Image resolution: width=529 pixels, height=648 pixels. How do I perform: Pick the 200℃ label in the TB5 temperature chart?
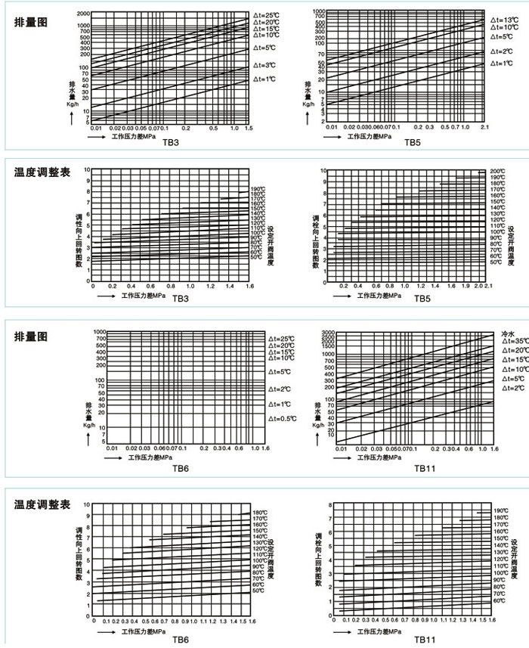(497, 172)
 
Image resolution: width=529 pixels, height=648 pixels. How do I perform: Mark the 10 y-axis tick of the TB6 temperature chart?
(87, 504)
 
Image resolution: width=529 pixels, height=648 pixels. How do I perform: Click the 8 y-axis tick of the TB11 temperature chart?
(330, 504)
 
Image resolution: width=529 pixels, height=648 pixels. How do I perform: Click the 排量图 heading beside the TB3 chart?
(31, 22)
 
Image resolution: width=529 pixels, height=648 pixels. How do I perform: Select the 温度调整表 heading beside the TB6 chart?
(42, 504)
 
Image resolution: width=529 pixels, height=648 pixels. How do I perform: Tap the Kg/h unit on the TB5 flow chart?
(308, 104)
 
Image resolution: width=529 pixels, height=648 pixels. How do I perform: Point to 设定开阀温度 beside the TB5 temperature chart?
(512, 242)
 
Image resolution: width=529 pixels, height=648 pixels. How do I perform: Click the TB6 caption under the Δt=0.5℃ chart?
(180, 469)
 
